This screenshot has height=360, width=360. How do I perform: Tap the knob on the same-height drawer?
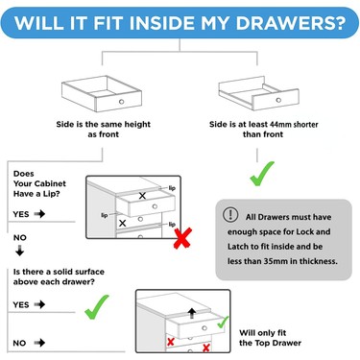click(121, 102)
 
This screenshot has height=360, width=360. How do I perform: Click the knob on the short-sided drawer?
click(278, 100)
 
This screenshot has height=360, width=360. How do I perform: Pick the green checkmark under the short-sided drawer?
click(262, 174)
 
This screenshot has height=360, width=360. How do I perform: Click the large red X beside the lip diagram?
click(182, 238)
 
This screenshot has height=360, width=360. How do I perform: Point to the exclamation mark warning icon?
click(230, 215)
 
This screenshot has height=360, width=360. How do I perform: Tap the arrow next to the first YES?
click(39, 214)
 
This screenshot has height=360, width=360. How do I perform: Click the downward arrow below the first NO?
click(20, 251)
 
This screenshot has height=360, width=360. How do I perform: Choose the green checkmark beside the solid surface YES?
click(97, 307)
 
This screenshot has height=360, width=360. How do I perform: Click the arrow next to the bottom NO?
click(39, 343)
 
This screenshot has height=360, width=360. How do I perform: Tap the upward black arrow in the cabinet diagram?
click(192, 313)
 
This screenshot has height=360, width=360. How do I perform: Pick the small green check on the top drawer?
click(223, 323)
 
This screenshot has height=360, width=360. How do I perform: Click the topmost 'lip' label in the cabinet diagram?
click(172, 188)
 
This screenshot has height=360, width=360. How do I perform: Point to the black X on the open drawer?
click(142, 196)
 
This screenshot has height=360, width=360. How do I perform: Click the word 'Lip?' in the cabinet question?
click(52, 194)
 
